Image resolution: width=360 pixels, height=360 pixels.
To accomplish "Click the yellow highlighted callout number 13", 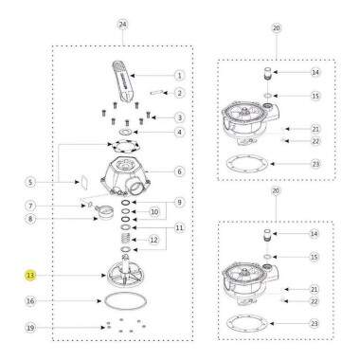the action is click(30, 276).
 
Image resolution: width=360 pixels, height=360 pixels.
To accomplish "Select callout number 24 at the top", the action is click(123, 25).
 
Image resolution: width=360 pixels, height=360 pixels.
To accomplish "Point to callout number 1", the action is click(179, 76).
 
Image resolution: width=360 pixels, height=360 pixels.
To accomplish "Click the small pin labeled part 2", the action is click(156, 93).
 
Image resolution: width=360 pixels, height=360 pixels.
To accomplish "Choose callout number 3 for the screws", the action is click(179, 117).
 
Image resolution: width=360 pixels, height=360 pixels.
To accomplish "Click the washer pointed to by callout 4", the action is click(127, 131).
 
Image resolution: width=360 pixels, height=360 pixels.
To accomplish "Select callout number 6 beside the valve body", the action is click(179, 171).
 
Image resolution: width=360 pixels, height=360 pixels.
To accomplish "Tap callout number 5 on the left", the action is click(30, 182).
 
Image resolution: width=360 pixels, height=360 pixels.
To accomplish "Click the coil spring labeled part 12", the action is click(126, 238).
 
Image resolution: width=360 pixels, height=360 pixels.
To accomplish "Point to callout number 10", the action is click(154, 211).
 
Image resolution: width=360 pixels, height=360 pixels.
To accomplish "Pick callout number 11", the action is click(179, 227).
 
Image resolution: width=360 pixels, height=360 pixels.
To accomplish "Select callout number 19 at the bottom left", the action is click(30, 328).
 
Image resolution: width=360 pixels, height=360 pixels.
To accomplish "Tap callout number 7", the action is click(30, 207).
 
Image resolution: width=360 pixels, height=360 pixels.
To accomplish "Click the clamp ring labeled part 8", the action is click(105, 211).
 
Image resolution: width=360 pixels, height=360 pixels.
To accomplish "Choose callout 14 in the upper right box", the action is click(315, 72).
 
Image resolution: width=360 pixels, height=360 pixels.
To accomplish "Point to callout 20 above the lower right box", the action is click(276, 190).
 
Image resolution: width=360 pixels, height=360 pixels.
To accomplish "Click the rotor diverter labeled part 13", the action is click(125, 272).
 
